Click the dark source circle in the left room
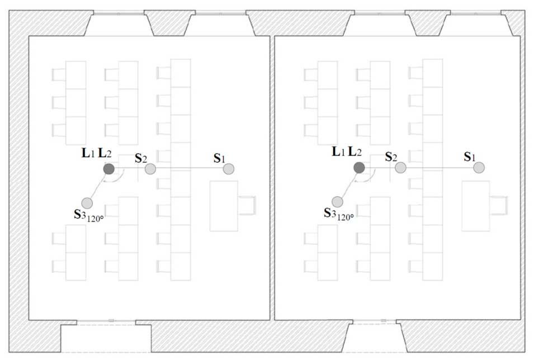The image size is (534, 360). tap(108, 169)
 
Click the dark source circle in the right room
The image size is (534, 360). tap(360, 168)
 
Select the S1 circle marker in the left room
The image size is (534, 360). tap(229, 169)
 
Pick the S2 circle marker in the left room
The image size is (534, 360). tap(150, 169)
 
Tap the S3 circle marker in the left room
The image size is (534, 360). tap(87, 203)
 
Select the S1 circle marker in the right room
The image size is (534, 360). tap(479, 168)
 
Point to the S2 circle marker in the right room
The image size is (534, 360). tap(400, 168)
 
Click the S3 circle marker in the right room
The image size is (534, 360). tap(338, 202)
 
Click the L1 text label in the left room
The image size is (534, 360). tap(88, 154)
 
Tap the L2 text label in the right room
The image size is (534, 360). tap(355, 152)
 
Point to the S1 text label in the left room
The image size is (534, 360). tap(220, 158)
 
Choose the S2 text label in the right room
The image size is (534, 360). tap(391, 157)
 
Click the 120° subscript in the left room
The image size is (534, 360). tap(96, 219)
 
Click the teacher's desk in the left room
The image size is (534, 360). tap(224, 206)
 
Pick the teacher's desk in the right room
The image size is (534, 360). tap(476, 206)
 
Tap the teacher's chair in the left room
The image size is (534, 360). tap(247, 205)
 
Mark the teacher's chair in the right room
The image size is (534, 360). tap(499, 205)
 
